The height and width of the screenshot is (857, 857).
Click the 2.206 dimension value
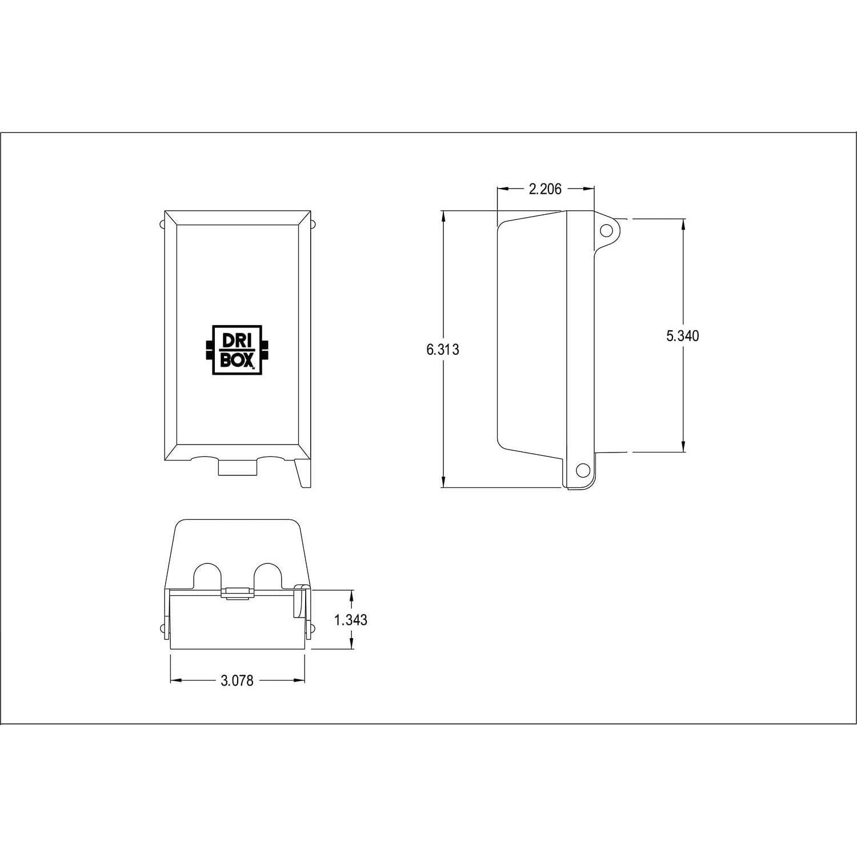tap(545, 189)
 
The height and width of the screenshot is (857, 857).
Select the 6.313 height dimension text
tap(442, 350)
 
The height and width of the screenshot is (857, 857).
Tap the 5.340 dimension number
tap(682, 336)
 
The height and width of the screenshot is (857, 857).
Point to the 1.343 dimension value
tap(351, 620)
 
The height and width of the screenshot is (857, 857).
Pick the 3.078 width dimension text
tap(237, 680)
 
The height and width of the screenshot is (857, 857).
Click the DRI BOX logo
tap(237, 350)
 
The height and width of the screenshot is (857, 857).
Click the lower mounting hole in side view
tap(582, 470)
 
